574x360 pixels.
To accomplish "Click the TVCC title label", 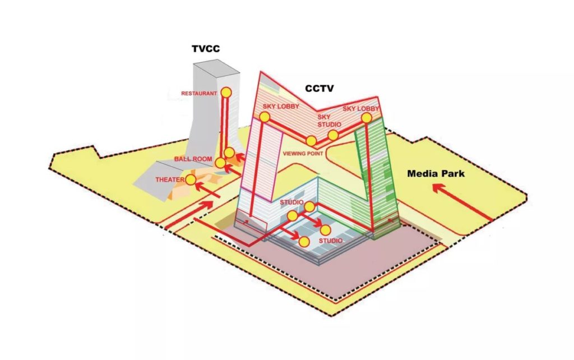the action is click(206, 49).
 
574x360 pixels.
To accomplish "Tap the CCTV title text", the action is click(319, 88).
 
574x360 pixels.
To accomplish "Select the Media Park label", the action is click(436, 174).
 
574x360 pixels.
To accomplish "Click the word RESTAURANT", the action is click(199, 94).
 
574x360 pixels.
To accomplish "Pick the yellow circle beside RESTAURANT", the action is click(226, 93).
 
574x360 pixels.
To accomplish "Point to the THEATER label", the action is click(170, 180).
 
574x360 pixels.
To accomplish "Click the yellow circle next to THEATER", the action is click(191, 180).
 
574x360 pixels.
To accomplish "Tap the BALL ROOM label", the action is click(193, 159).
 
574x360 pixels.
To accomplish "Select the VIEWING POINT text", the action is click(303, 154).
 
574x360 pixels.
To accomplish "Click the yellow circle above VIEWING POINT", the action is click(311, 141).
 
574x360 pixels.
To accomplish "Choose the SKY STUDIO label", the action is click(329, 121).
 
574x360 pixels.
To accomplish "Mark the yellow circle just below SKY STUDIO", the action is click(333, 135).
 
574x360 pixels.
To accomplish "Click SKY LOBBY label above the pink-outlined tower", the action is click(281, 107).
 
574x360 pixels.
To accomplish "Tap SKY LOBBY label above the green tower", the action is click(360, 109).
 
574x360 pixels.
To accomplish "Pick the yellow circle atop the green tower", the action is click(367, 118).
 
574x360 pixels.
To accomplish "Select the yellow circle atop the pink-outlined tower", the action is click(265, 117).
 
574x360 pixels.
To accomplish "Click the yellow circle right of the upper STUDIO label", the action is click(309, 207).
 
